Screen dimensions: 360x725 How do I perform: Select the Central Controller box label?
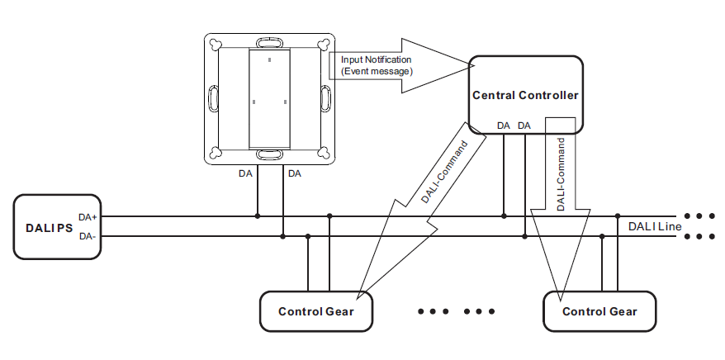click(x=525, y=96)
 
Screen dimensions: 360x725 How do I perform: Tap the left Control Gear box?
click(x=315, y=311)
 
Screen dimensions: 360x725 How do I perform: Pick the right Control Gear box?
click(x=599, y=311)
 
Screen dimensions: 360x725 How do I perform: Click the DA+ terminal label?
click(x=88, y=217)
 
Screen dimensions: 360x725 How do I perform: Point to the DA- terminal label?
click(x=88, y=237)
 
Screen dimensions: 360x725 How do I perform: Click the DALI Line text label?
click(x=655, y=226)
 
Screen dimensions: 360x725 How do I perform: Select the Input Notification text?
click(x=376, y=59)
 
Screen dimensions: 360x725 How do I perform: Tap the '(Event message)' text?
click(x=377, y=71)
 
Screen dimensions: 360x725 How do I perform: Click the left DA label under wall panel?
click(x=245, y=174)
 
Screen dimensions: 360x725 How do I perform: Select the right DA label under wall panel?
click(x=295, y=174)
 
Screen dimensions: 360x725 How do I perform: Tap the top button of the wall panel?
click(x=270, y=42)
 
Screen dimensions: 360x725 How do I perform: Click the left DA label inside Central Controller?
click(x=503, y=126)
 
